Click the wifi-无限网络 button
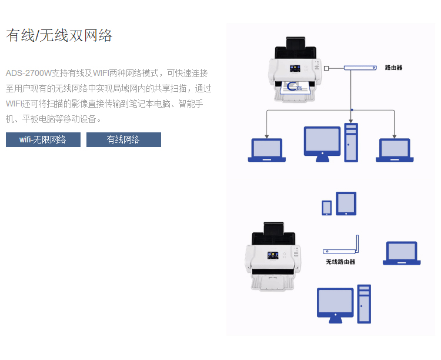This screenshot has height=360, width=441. (43, 140)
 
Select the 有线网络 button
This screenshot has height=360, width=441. (123, 140)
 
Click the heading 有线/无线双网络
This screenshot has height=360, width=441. (59, 35)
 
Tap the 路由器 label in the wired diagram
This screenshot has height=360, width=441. (393, 68)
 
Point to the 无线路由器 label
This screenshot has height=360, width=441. (340, 262)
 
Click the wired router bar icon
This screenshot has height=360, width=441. (359, 68)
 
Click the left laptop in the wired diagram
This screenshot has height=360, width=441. (266, 150)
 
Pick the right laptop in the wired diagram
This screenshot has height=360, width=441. (395, 150)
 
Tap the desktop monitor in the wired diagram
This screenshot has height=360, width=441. (322, 144)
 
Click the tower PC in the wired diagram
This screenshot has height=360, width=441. (350, 142)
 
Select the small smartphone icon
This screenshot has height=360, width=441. (327, 208)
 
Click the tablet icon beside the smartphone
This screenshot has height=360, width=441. (346, 204)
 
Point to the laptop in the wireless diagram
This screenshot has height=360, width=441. (402, 254)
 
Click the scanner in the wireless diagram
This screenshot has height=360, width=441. (273, 256)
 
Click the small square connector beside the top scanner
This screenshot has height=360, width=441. (326, 68)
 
